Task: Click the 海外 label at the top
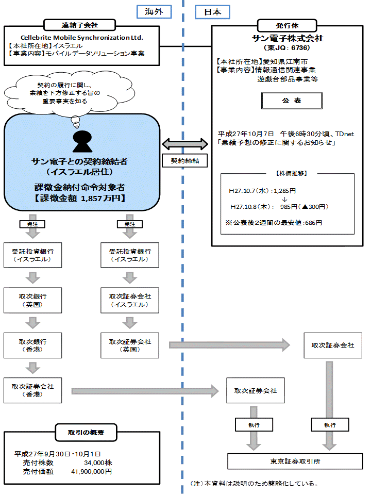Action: [154, 12]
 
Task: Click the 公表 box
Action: [291, 101]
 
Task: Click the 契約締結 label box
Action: [184, 161]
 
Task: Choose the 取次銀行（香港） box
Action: [33, 345]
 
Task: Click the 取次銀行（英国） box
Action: [33, 301]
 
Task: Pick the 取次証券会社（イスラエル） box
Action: [130, 301]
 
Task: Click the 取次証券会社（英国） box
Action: [130, 345]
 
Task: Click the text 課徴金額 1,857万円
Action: [80, 198]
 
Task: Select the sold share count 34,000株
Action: [97, 463]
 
